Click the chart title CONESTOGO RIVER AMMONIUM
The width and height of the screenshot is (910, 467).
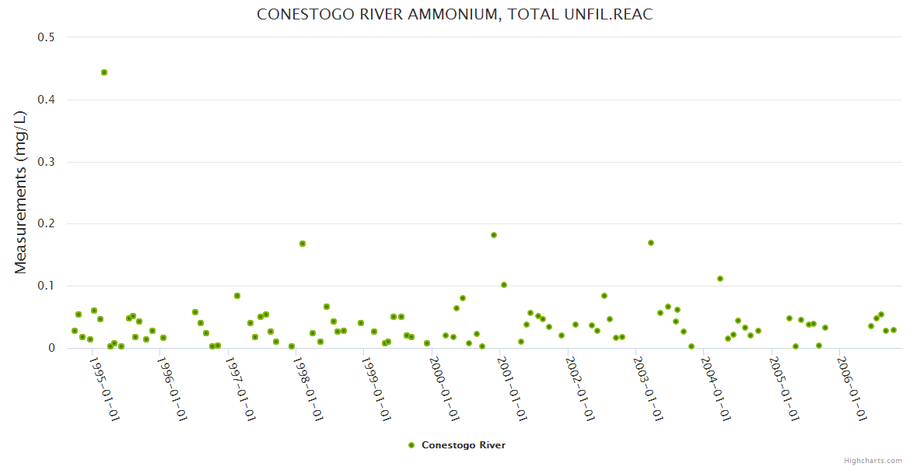click(454, 15)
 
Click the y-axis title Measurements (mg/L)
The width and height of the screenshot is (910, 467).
click(21, 191)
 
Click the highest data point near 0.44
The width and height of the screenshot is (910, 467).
click(104, 72)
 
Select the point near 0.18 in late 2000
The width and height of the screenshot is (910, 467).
click(494, 235)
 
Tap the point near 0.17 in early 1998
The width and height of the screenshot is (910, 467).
click(303, 244)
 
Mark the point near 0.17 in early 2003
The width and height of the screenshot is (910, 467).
click(651, 243)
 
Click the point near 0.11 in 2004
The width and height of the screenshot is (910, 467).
click(720, 279)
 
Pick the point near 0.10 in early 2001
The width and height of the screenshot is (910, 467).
click(504, 285)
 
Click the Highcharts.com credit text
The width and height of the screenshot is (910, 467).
click(873, 460)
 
